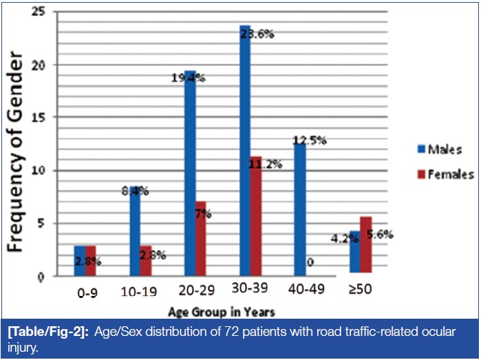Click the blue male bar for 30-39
point(246,151)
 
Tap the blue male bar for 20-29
point(190,172)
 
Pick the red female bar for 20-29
point(201,237)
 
